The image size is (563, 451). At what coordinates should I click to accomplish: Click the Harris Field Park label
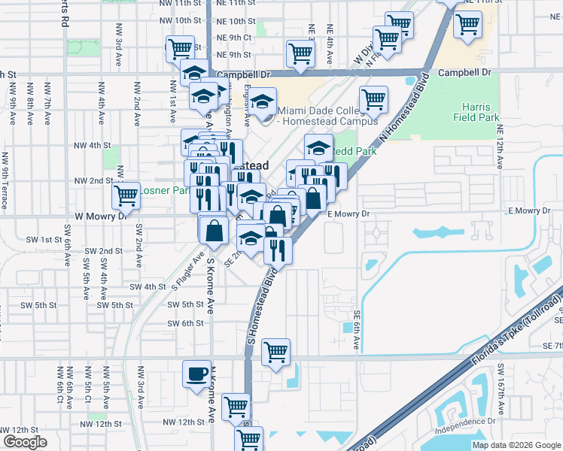(x=477, y=112)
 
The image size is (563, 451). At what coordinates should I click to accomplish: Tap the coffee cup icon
(x=197, y=374)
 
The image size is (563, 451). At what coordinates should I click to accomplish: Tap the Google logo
(x=25, y=442)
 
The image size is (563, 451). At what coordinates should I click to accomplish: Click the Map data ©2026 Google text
(x=516, y=445)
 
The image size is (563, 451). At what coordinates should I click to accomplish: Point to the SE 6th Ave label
(x=357, y=331)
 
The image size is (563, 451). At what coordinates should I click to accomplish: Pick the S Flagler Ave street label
(x=188, y=271)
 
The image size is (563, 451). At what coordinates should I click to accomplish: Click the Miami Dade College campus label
(x=327, y=115)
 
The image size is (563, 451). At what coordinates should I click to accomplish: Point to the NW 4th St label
(x=92, y=145)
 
